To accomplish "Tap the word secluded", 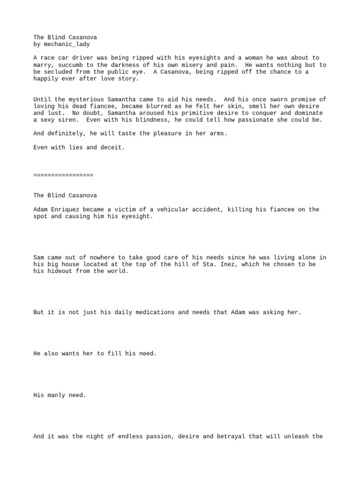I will (x=58, y=72).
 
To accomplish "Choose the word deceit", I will (x=112, y=147).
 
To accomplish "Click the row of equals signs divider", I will (x=63, y=175).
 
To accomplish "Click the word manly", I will (x=56, y=395).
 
